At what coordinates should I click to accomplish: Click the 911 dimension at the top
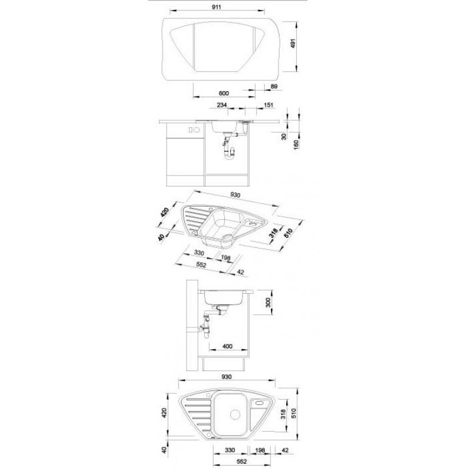216,7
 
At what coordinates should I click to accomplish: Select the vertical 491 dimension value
293,44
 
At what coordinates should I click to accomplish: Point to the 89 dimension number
274,87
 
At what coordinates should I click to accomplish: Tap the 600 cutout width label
224,93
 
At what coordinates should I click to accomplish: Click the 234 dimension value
221,105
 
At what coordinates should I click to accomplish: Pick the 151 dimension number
268,105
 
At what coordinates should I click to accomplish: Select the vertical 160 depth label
297,145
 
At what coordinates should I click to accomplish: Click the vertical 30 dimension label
284,137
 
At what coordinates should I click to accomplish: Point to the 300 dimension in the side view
268,302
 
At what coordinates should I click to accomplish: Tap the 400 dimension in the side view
227,346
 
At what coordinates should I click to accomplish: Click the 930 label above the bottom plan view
227,377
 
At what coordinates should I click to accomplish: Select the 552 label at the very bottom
241,462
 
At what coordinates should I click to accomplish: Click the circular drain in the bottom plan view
235,414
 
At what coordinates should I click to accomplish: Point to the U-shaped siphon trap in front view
230,154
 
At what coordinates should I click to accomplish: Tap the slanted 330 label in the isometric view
199,253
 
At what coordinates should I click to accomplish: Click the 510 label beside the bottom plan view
293,414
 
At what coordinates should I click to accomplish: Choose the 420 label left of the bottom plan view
164,413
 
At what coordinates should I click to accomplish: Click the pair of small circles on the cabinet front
194,130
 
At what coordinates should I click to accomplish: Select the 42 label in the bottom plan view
286,450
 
